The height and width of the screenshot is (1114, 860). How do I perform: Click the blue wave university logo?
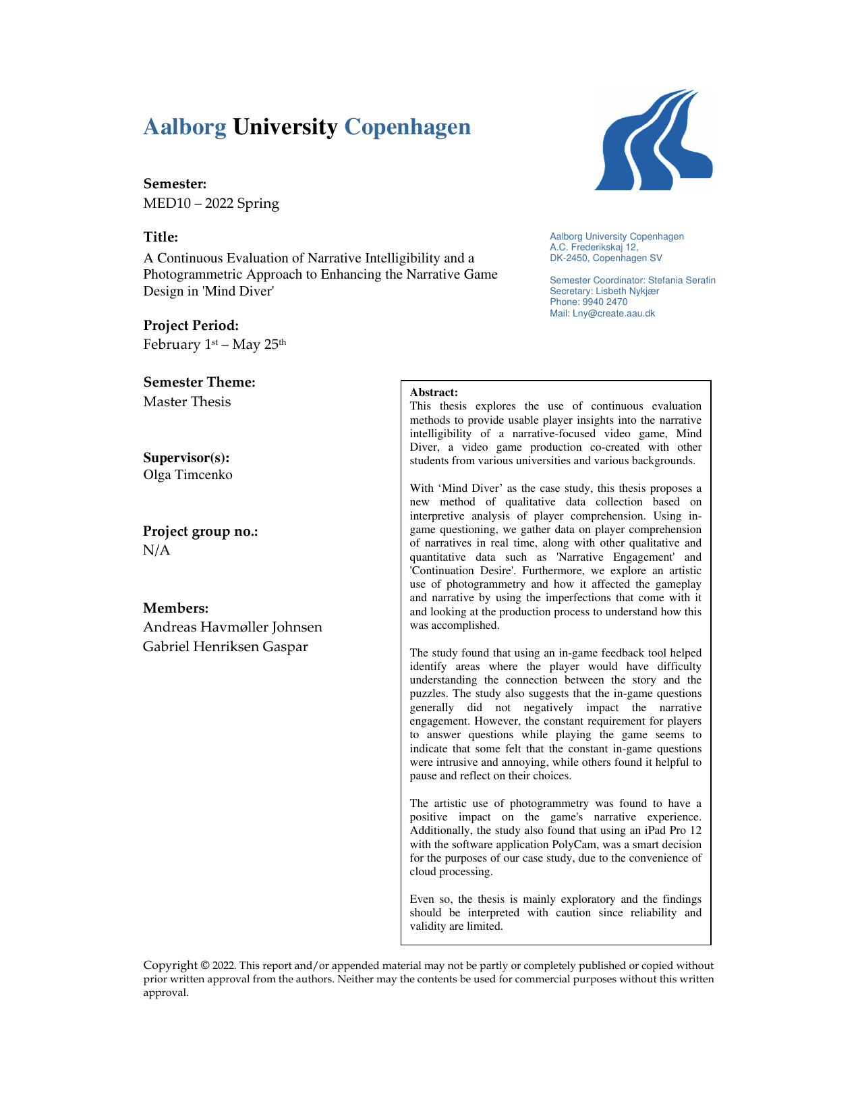click(x=653, y=140)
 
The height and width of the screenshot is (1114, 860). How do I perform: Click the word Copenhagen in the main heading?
click(x=407, y=127)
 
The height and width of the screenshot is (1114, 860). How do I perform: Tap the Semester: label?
click(x=175, y=184)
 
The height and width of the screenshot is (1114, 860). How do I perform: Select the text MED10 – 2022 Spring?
click(x=211, y=203)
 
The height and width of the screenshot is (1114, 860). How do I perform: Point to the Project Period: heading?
click(x=191, y=325)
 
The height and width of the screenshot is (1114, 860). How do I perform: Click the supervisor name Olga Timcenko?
click(x=188, y=474)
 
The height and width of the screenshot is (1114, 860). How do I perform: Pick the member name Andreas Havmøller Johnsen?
click(x=233, y=627)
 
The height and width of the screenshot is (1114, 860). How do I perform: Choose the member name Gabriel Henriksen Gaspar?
click(x=225, y=646)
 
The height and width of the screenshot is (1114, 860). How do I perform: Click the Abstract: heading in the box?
click(x=434, y=392)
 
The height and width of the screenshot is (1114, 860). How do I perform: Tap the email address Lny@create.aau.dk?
click(x=614, y=313)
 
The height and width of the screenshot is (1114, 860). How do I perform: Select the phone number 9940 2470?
click(x=605, y=302)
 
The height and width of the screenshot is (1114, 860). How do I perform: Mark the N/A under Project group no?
click(x=156, y=550)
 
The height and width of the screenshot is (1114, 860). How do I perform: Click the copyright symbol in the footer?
click(x=204, y=966)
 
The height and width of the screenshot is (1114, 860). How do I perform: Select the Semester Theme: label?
click(x=199, y=382)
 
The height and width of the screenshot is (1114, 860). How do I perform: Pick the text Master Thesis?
click(x=187, y=401)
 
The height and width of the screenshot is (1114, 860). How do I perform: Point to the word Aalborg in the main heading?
click(x=185, y=127)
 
